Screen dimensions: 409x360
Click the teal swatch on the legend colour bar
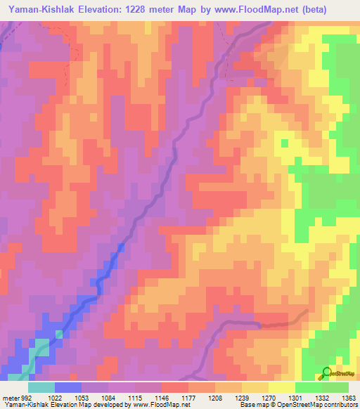41,388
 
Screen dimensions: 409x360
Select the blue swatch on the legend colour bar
67,388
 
